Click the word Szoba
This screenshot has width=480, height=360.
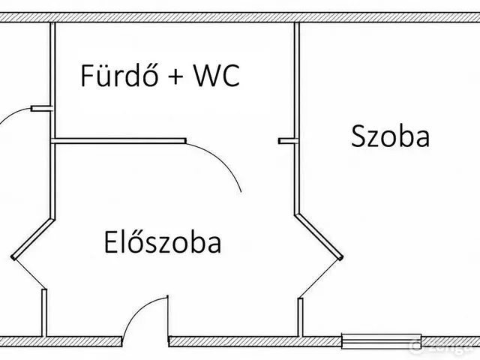click(390, 136)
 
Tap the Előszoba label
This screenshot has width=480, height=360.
click(163, 242)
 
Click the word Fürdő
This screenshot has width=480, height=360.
click(120, 75)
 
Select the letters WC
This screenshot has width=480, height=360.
click(217, 75)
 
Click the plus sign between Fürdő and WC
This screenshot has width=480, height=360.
click(175, 76)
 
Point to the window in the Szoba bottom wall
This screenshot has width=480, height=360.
click(382, 341)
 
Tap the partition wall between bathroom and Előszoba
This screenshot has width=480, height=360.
click(118, 141)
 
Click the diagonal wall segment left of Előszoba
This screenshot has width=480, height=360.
click(33, 239)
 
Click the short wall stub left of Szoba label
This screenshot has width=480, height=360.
click(288, 141)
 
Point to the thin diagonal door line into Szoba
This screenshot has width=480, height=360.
click(320, 278)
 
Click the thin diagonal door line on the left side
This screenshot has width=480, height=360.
click(29, 274)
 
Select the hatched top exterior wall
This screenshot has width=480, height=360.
click(240, 17)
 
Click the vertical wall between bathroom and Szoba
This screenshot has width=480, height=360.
click(297, 118)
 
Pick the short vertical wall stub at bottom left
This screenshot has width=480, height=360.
click(44, 313)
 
